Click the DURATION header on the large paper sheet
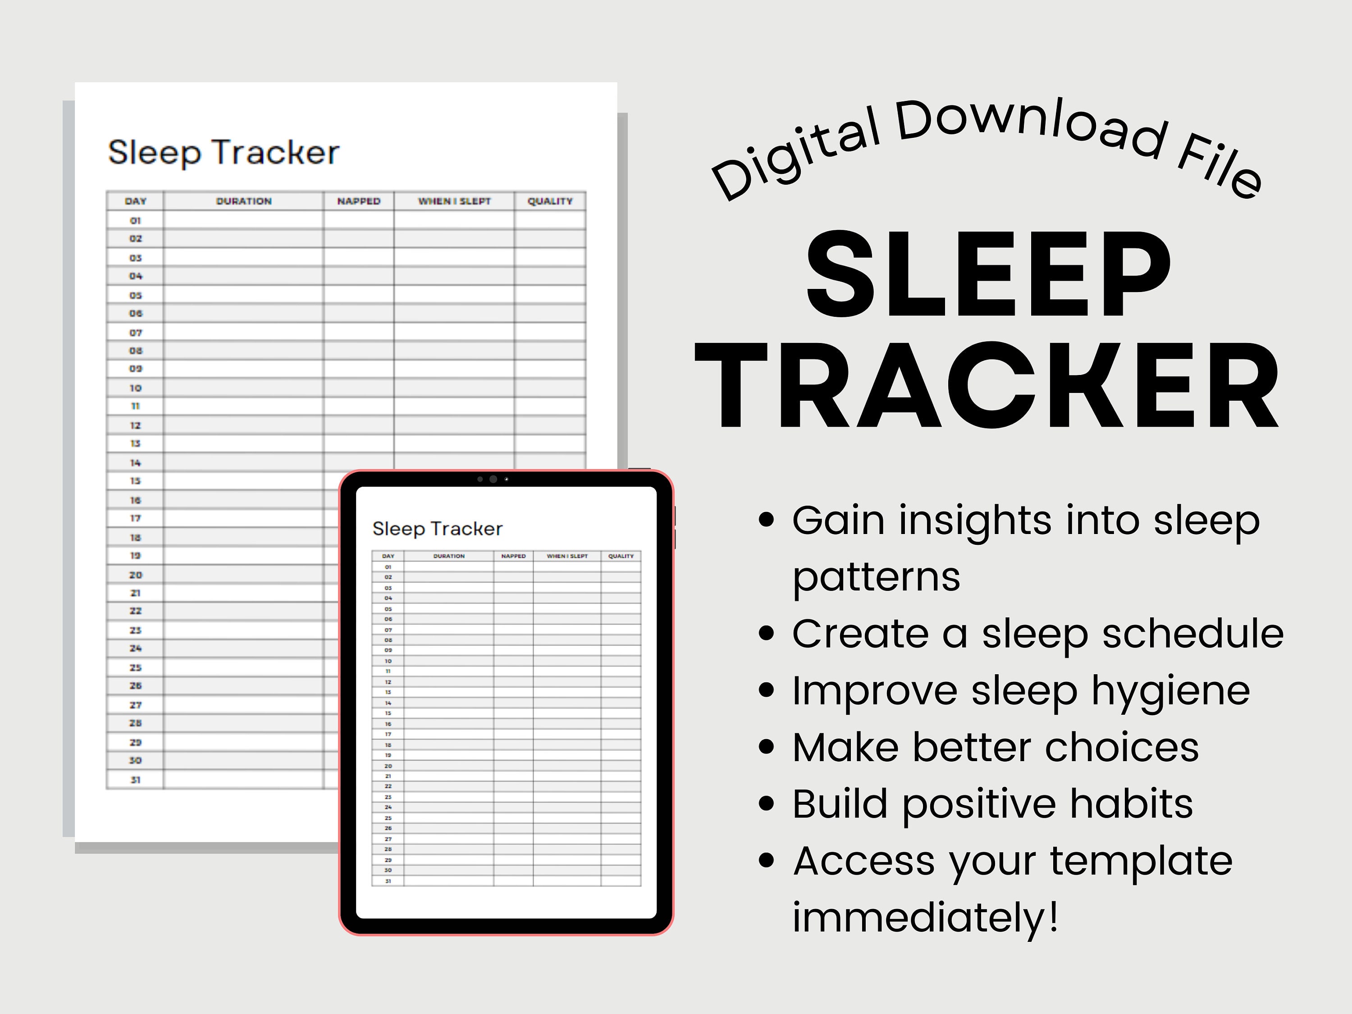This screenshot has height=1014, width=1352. tap(243, 201)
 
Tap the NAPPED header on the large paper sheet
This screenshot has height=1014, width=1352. tap(359, 201)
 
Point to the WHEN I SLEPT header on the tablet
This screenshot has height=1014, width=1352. tap(567, 556)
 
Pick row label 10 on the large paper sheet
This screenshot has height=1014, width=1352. tap(135, 388)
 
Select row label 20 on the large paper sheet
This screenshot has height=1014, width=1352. tap(135, 575)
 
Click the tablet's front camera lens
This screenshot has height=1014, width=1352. tap(493, 479)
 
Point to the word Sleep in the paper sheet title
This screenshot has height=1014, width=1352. tap(154, 153)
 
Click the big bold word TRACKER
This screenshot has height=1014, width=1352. tap(987, 386)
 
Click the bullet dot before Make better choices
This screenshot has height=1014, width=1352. tap(766, 747)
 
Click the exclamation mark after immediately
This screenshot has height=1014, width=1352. tap(1053, 917)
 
